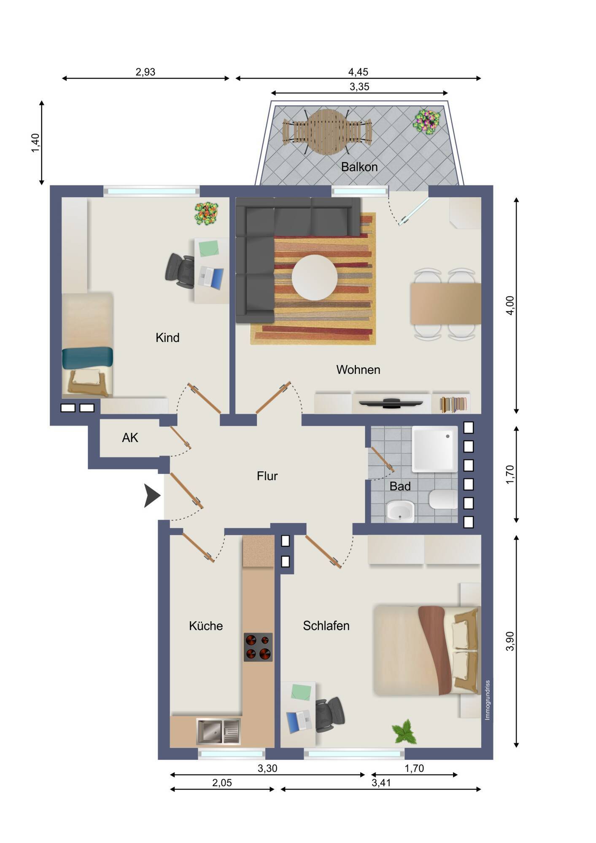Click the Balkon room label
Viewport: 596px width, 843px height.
(x=359, y=167)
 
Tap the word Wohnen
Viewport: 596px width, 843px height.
(x=358, y=370)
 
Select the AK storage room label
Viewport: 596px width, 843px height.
(x=130, y=438)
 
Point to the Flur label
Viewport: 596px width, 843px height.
(x=267, y=476)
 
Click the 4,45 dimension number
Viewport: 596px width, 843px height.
(x=358, y=72)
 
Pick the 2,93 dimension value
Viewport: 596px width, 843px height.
(x=145, y=72)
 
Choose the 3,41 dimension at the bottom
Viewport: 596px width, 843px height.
(x=381, y=783)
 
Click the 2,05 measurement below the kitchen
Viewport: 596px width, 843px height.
(x=222, y=783)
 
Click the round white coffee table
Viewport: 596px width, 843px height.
(x=315, y=277)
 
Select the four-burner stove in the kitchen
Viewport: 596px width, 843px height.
(x=258, y=647)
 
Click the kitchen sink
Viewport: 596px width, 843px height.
(x=218, y=731)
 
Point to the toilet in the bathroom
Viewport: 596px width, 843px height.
(x=443, y=499)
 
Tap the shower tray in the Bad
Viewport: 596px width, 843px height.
(x=435, y=449)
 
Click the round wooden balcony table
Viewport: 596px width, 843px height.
(x=327, y=132)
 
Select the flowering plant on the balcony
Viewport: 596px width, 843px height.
(x=426, y=122)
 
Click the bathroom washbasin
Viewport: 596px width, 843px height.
(x=400, y=511)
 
